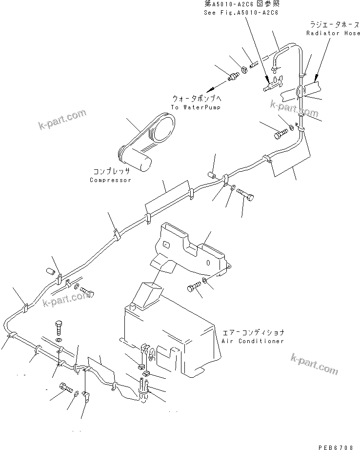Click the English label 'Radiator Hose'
[333, 33]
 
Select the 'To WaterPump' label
[192, 107]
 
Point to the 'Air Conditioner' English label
[252, 341]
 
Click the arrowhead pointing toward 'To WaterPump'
[209, 90]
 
